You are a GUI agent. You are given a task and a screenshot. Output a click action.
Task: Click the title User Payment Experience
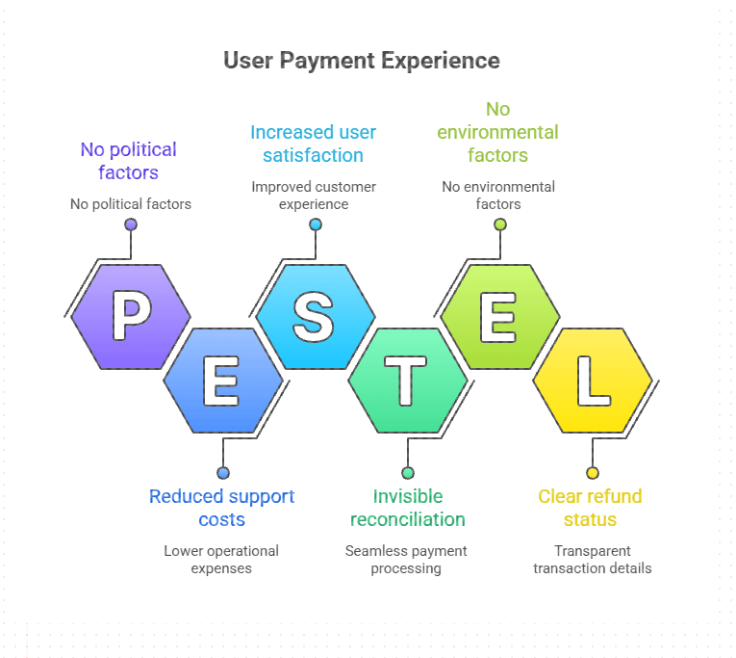pos(362,61)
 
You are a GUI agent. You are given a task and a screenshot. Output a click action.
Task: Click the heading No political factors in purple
pos(128,161)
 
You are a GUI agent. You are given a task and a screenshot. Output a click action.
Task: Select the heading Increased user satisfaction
pos(313,144)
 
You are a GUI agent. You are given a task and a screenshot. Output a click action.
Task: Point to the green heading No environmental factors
pos(497,132)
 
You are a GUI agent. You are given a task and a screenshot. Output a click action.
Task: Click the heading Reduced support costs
pos(221,508)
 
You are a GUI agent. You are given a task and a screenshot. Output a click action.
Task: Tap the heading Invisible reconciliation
pos(407,508)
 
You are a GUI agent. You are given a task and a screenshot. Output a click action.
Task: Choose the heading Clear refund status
pos(590,508)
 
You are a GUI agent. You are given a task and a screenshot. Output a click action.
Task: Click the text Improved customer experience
pos(314,196)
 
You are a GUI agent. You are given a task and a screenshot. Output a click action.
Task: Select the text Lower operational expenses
pos(221,560)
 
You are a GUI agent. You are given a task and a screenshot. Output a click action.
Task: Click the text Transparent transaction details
pos(592,560)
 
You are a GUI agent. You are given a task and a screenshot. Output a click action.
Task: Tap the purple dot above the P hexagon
pos(131,224)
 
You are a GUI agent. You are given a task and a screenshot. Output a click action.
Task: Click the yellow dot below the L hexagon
pos(592,473)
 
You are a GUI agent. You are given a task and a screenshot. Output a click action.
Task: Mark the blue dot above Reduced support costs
pos(222,473)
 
